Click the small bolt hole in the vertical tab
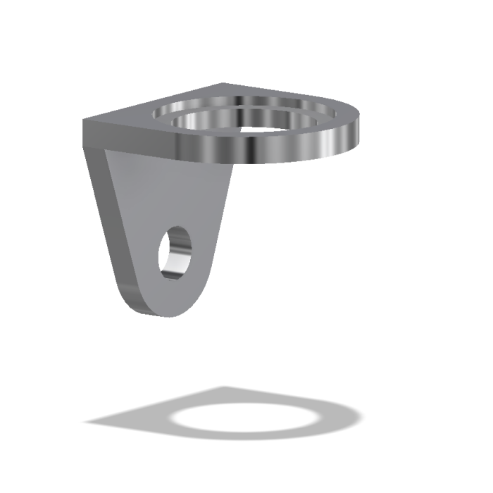pyautogui.click(x=175, y=251)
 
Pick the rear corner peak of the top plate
pyautogui.click(x=224, y=84)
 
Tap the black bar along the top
pyautogui.click(x=246, y=21)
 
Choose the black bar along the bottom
pyautogui.click(x=246, y=470)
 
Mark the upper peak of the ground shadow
pyautogui.click(x=225, y=388)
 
